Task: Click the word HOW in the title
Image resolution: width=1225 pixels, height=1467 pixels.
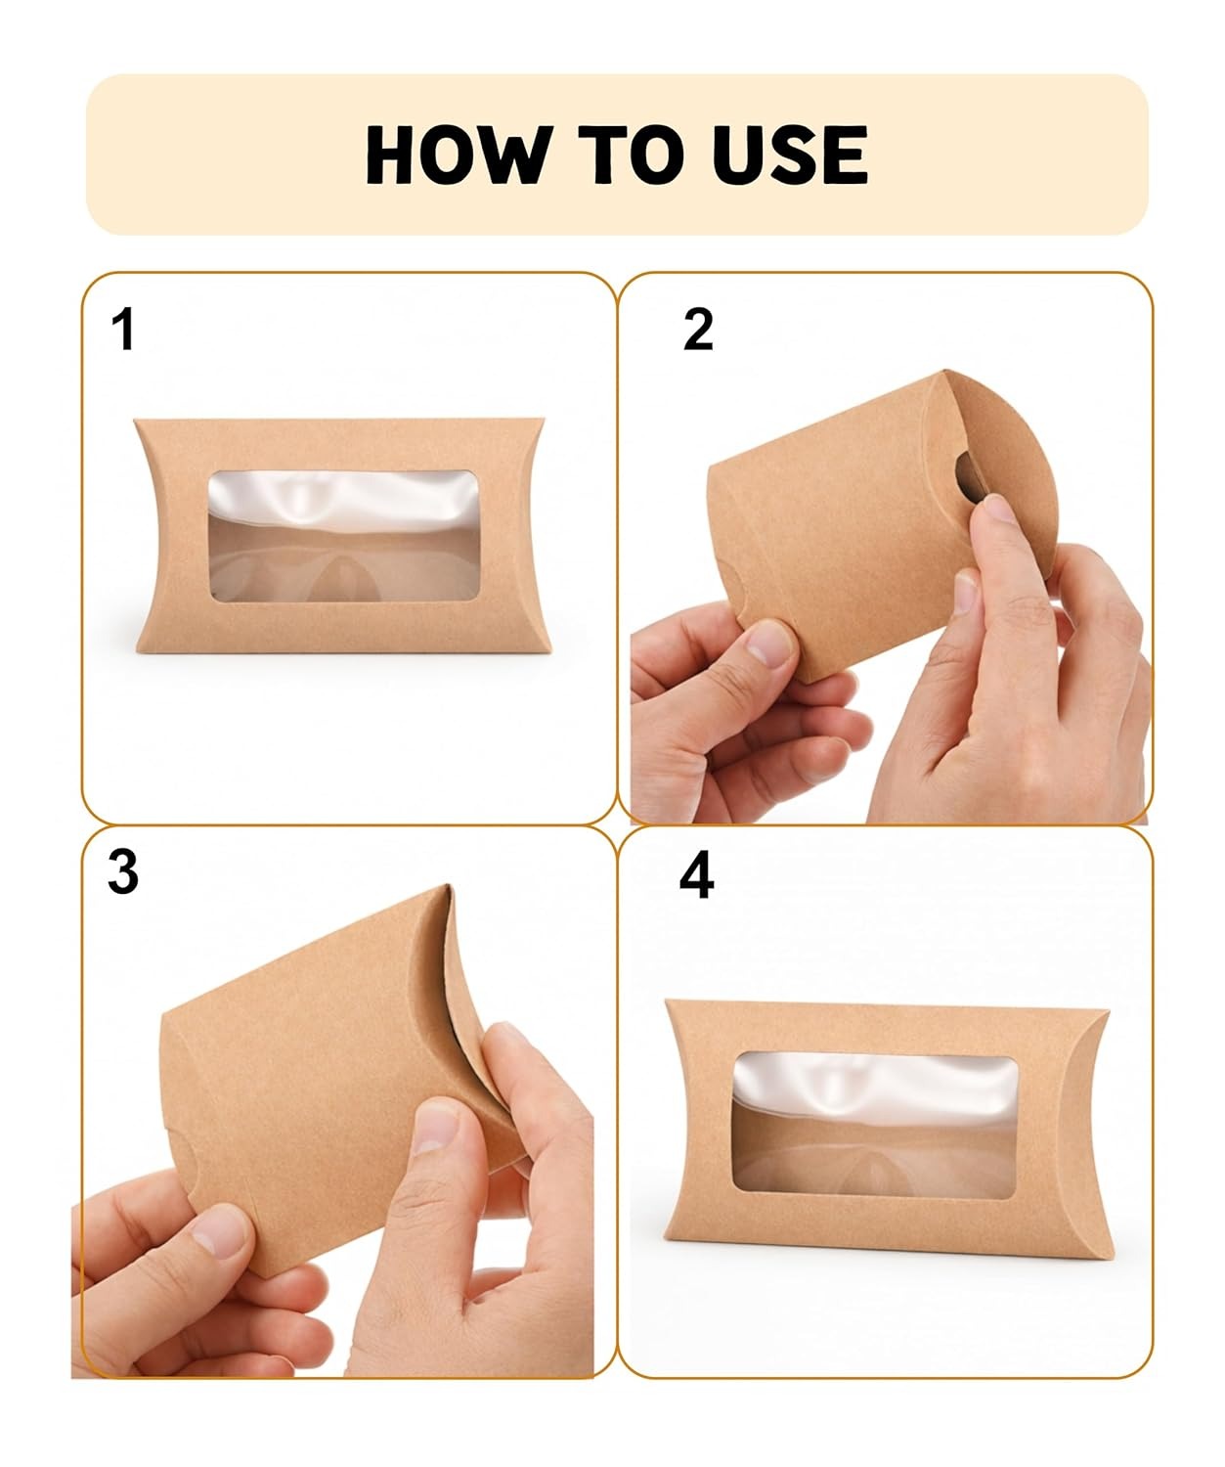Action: coord(458,155)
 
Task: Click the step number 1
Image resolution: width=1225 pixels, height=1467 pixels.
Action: coord(123,330)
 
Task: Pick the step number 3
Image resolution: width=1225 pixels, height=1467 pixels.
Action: coord(123,872)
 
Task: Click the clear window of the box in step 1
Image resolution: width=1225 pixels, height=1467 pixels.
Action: coord(344,536)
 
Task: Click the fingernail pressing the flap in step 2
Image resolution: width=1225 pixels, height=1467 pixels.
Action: coord(996,508)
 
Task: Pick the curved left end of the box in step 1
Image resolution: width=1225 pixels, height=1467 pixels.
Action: coord(149,535)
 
